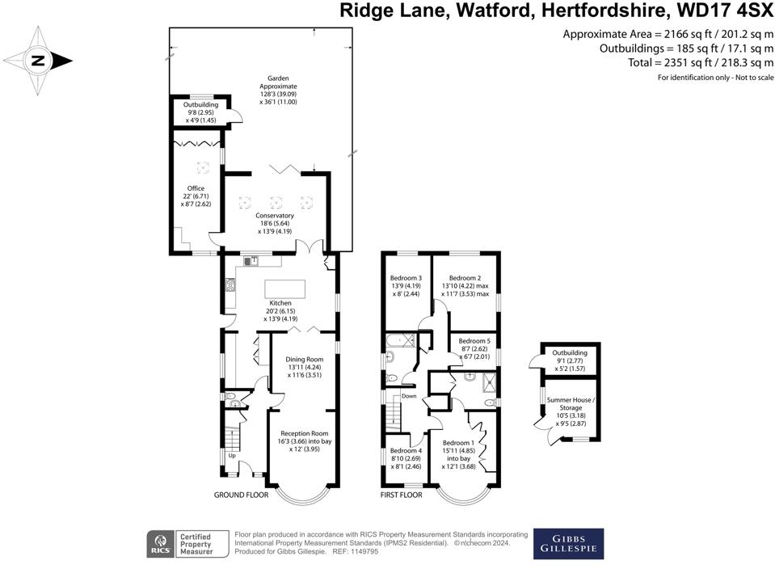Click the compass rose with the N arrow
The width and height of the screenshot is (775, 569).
tap(38, 60)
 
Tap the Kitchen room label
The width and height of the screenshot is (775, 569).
tap(280, 303)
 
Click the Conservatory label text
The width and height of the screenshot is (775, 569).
tap(276, 216)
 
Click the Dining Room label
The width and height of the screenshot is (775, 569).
tap(304, 359)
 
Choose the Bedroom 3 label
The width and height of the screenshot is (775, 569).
tap(407, 278)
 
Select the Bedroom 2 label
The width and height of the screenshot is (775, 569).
tap(465, 278)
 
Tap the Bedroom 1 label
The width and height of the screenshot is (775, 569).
tap(458, 443)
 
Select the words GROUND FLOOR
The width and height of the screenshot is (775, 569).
tap(241, 494)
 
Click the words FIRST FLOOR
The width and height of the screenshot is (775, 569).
tap(402, 494)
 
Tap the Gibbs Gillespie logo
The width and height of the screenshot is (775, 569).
tap(567, 543)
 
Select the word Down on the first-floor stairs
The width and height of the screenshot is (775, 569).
tap(409, 396)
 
